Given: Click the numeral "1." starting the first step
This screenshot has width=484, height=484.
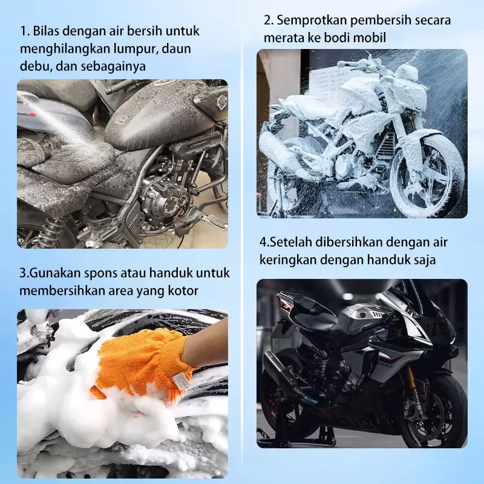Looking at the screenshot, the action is tap(25, 31).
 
